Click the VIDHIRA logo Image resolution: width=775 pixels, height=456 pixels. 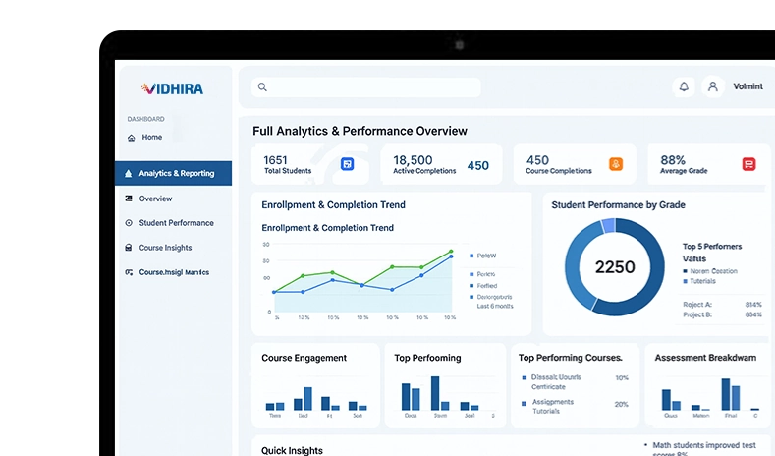pos(172,88)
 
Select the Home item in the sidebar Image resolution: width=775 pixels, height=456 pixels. pos(151,138)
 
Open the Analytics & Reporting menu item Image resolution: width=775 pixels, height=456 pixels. pos(176,174)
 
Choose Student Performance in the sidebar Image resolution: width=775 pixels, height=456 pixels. pos(176,223)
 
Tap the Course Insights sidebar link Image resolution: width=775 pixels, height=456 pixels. pos(165,248)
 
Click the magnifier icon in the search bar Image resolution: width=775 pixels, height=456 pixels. pos(262,87)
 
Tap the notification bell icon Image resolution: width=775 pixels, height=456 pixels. pos(684,86)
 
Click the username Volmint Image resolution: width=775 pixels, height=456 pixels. pos(747,86)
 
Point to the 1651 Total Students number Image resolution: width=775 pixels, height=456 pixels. pos(276,159)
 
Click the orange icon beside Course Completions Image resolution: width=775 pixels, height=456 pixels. pos(616,164)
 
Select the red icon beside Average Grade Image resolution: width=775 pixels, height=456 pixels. pos(748,164)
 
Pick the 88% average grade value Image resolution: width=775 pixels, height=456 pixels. pos(673,159)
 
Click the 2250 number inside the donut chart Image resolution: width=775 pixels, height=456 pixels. pos(615,266)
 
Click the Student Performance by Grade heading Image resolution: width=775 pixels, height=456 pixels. pos(618,205)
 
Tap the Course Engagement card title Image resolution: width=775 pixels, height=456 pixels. pos(304,358)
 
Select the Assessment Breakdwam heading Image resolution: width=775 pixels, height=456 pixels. pos(704,358)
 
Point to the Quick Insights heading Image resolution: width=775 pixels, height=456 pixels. pos(292,450)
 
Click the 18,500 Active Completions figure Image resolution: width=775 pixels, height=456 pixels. pos(413,159)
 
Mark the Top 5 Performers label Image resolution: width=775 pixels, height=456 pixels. pos(711,246)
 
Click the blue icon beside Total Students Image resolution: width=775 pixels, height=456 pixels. pos(347,164)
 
